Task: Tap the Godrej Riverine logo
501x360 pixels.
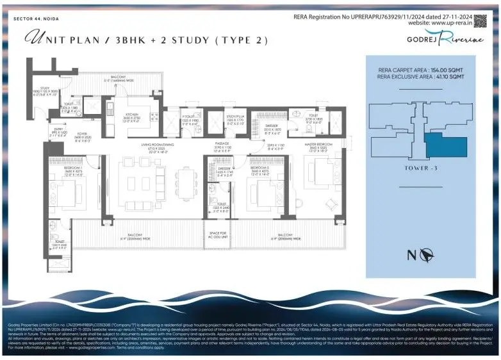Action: [436, 39]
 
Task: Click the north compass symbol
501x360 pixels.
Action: [423, 256]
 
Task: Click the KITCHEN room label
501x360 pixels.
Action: [132, 115]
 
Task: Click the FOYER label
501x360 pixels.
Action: [65, 136]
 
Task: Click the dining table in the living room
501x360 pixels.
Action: [186, 182]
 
